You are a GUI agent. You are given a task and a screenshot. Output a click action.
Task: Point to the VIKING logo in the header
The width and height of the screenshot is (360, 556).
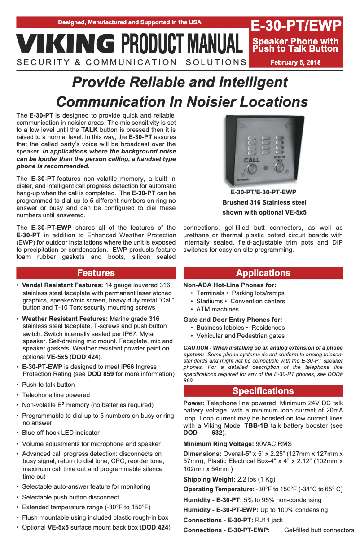(x=66, y=44)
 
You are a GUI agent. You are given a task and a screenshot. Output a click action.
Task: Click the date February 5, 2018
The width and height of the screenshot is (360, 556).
(x=295, y=62)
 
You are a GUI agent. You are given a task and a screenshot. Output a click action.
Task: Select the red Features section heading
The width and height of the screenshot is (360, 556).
(x=96, y=273)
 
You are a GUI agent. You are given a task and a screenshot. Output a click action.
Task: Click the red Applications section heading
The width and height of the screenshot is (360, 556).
(x=263, y=273)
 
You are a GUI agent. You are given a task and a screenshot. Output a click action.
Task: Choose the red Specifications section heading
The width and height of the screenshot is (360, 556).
(x=263, y=391)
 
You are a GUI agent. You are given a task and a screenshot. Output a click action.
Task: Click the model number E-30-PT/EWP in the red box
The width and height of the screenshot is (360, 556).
(x=295, y=25)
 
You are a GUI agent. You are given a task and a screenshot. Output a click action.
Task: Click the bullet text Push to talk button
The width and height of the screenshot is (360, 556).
(x=48, y=385)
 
